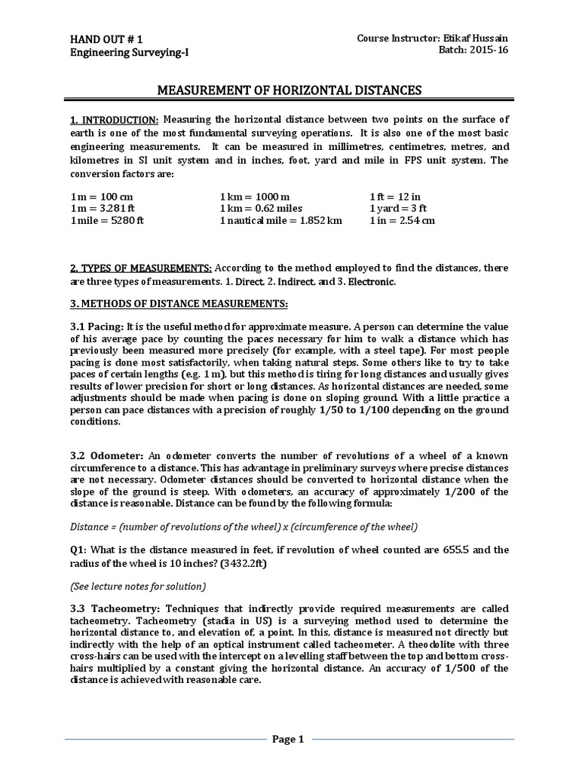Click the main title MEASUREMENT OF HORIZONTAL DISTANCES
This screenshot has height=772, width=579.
click(289, 91)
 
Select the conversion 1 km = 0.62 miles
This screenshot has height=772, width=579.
click(261, 208)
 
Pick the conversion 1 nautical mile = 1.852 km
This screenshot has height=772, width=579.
click(280, 221)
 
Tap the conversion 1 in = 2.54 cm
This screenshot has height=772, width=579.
click(402, 221)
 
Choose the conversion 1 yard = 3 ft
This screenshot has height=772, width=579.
click(398, 208)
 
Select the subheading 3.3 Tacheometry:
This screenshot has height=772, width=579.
click(114, 608)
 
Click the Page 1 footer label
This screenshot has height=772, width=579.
click(288, 740)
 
